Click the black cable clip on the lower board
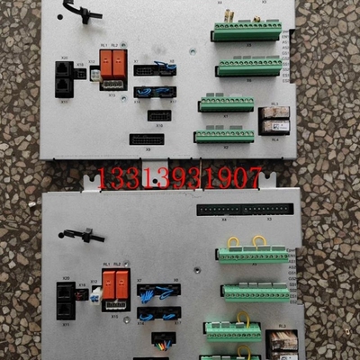pos(82,235)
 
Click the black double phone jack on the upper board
pos(63,79)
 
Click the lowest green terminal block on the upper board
pos(224,136)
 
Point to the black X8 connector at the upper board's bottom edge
pos(147,139)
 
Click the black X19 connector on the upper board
pos(158,115)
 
